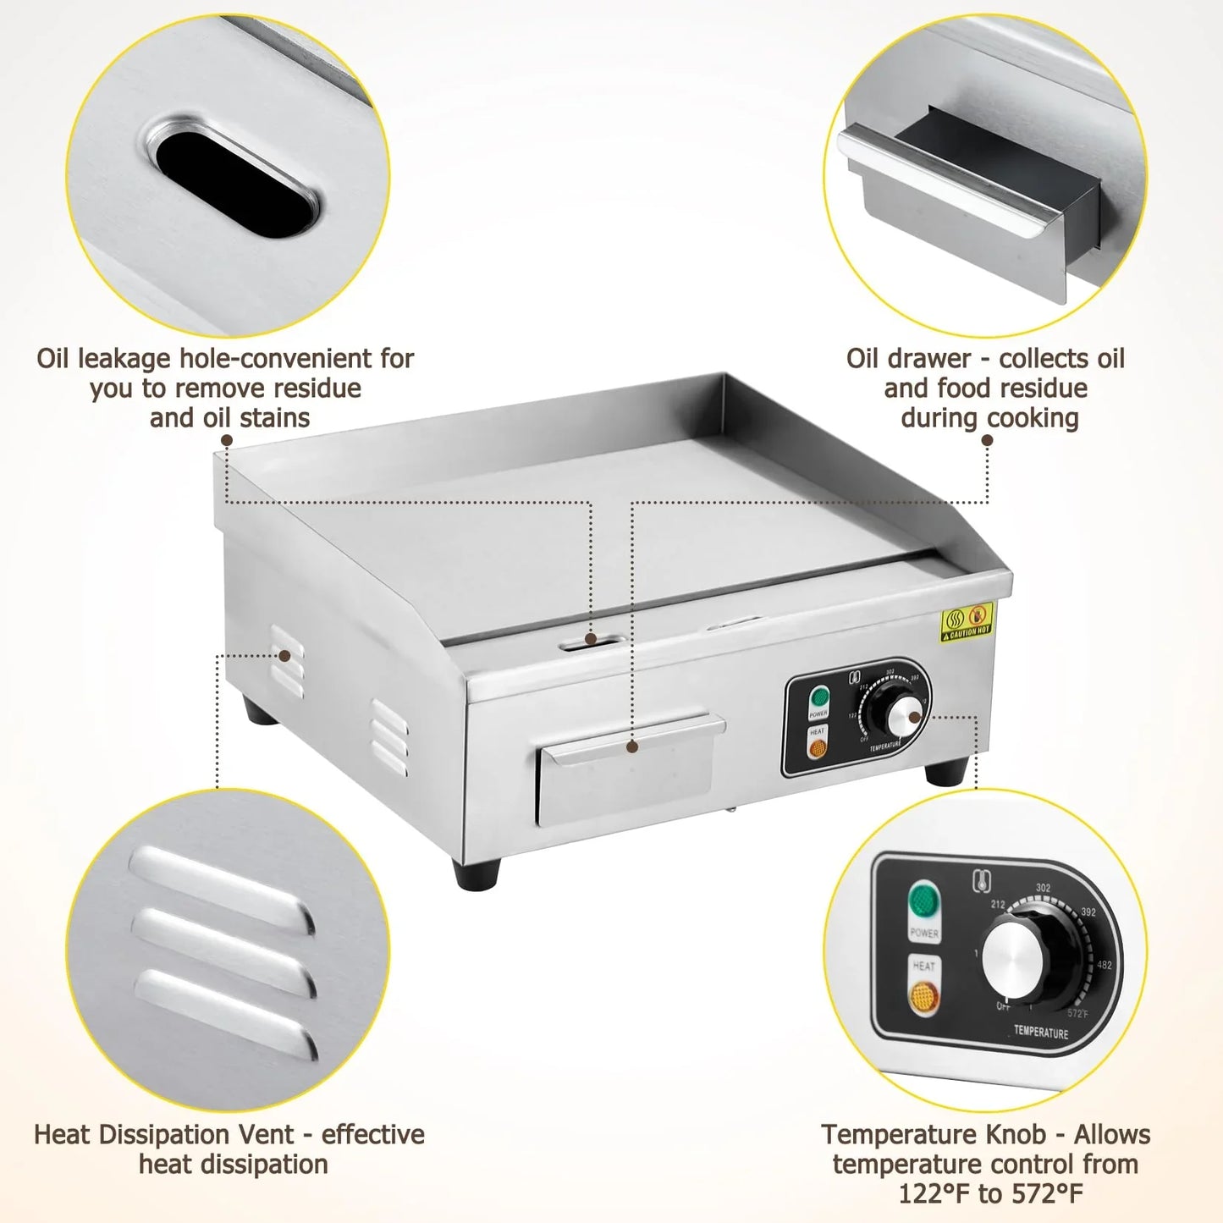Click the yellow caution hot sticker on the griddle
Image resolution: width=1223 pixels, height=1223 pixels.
click(x=967, y=622)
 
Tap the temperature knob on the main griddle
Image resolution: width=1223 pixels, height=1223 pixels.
click(x=904, y=716)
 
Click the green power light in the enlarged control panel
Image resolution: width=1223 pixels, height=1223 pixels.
click(x=923, y=901)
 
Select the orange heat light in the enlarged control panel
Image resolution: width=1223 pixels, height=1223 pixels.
click(x=923, y=996)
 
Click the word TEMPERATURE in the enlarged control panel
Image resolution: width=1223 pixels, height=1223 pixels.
click(x=1040, y=1032)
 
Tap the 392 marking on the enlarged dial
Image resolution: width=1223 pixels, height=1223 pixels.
click(x=1088, y=912)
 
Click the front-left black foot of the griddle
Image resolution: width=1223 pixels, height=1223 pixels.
click(x=477, y=873)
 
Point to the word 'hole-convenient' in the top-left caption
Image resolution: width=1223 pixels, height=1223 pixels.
click(x=274, y=359)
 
